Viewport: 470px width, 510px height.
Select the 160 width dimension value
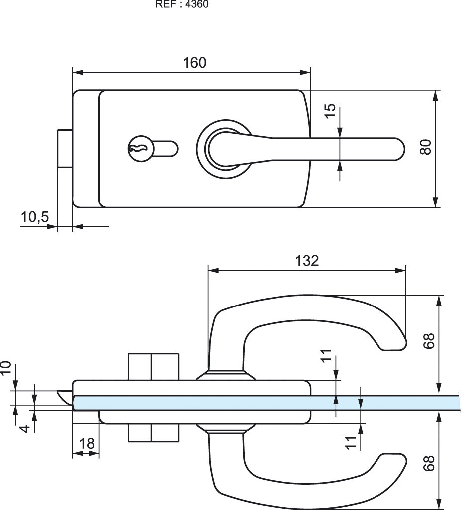194,63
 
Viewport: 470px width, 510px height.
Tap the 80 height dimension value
424,147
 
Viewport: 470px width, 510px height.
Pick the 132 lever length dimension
307,260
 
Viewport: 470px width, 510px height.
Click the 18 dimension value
87,444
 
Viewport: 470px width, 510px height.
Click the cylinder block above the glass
153,367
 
